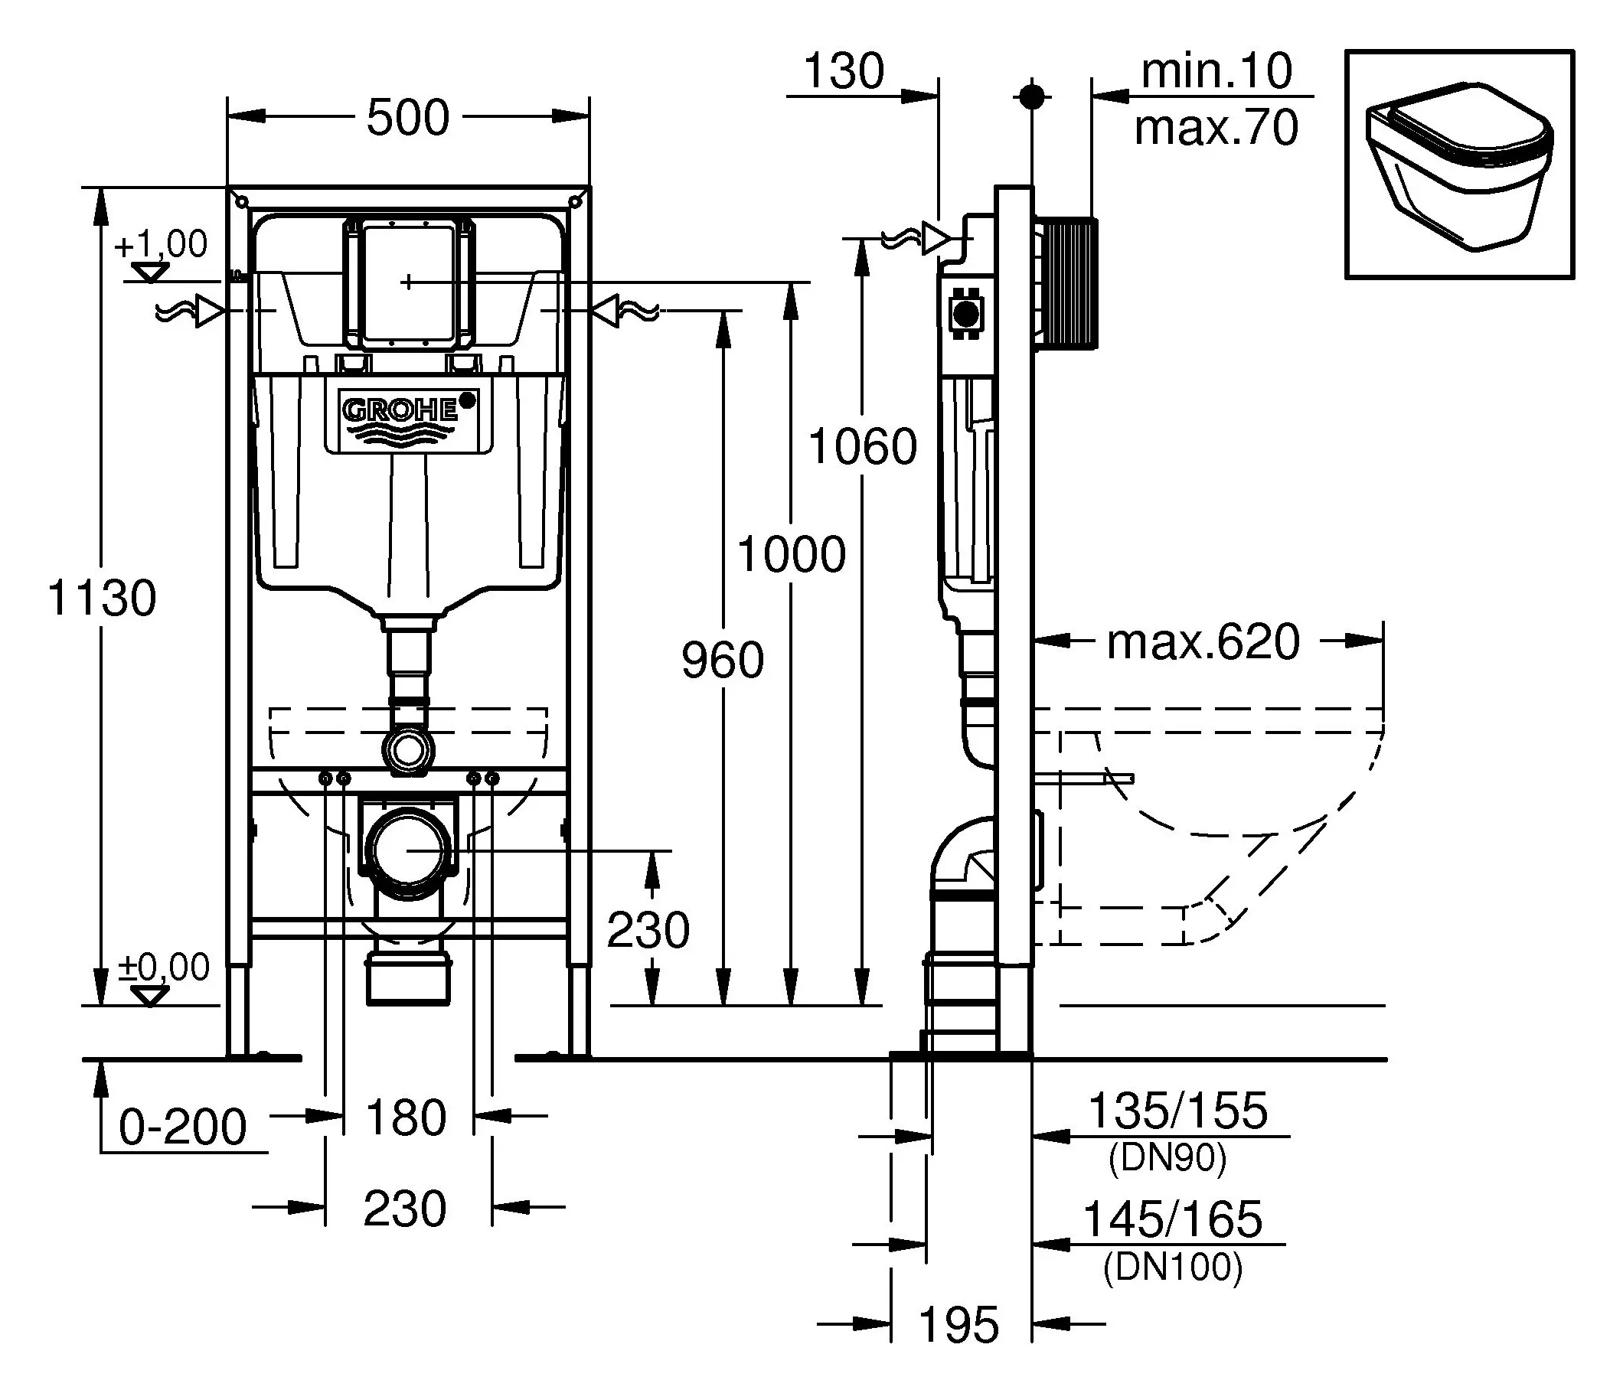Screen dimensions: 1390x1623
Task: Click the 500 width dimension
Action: (408, 117)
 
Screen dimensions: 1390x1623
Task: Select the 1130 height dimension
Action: (102, 598)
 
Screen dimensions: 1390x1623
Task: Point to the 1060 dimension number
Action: (863, 446)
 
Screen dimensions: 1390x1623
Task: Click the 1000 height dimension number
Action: (791, 553)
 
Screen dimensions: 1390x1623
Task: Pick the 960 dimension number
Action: (721, 659)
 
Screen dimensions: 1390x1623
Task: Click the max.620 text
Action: (1203, 641)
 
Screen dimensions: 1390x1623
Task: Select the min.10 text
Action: (1216, 72)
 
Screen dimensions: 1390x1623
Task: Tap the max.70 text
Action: (1216, 127)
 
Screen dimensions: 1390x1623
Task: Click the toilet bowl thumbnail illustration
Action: (1458, 165)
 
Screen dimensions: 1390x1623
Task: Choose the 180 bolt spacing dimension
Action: (406, 1117)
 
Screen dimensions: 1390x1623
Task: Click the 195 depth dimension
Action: (958, 1324)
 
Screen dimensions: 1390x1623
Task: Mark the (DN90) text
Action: (1167, 1157)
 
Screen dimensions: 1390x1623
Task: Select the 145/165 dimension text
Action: (1172, 1219)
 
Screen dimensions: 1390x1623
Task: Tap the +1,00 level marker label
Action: (162, 244)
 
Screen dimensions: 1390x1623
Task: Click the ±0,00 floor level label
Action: (164, 967)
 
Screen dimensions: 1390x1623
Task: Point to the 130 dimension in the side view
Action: (844, 71)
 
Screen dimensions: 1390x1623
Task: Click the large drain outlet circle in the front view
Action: (408, 850)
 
